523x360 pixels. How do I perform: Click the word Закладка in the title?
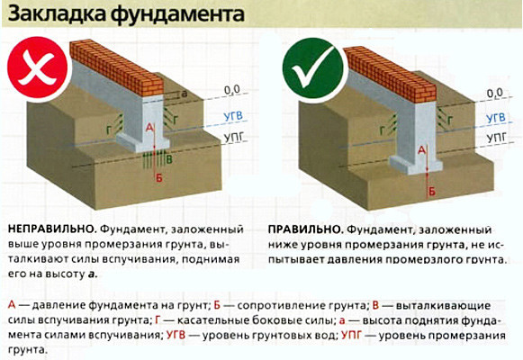[x=54, y=15]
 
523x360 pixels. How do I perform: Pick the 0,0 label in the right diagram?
[x=493, y=92]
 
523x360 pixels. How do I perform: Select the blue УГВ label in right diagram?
[x=494, y=117]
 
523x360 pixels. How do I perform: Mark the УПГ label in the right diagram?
[x=494, y=140]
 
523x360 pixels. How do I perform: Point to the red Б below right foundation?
[x=432, y=192]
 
